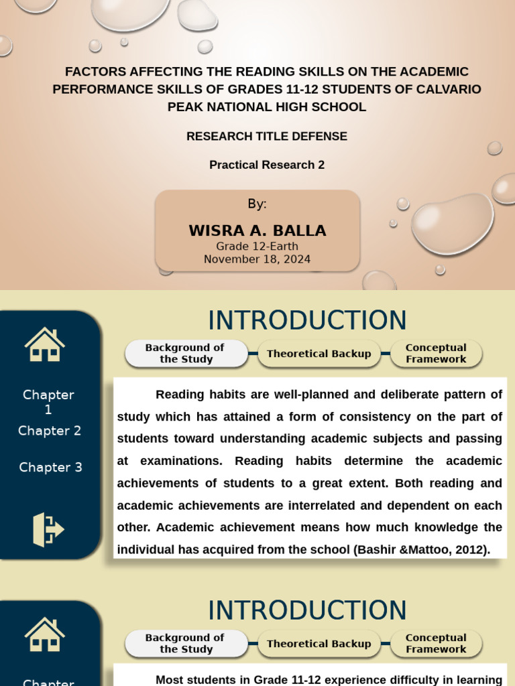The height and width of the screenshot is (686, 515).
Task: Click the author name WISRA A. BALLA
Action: [x=257, y=230]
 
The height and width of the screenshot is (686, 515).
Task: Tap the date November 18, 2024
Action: [x=257, y=259]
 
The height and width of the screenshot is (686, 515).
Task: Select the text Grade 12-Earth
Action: [x=257, y=247]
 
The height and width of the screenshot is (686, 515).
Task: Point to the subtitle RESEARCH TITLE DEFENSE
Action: [x=267, y=136]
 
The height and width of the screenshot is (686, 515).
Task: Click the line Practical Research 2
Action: [x=267, y=165]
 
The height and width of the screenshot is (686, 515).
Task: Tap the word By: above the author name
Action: [x=257, y=204]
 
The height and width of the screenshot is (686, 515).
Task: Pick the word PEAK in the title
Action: [x=184, y=107]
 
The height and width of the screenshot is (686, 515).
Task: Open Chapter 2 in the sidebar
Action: [x=50, y=431]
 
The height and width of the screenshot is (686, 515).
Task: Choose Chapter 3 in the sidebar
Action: [x=50, y=467]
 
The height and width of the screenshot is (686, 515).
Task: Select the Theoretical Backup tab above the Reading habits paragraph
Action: [x=319, y=354]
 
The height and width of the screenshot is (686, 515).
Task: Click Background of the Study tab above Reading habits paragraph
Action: [x=185, y=353]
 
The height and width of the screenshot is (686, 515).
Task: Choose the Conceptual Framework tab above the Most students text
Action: [x=436, y=643]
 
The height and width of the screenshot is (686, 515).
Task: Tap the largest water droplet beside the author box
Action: [x=452, y=224]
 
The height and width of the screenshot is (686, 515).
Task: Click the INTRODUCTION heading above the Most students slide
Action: [x=307, y=610]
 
